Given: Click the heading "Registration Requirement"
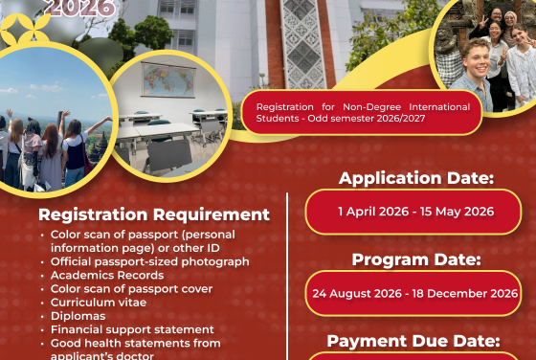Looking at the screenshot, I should (x=154, y=214).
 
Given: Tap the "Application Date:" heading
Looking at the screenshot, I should (x=415, y=178).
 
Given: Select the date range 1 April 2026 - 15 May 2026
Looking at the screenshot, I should (x=414, y=212).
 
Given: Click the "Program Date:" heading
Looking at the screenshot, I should (x=415, y=259).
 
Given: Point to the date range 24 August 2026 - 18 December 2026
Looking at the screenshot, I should (x=414, y=293).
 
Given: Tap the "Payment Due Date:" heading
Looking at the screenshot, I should (x=414, y=340).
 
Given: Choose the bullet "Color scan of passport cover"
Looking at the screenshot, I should (x=131, y=289).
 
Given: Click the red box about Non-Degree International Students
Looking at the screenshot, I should (x=362, y=112).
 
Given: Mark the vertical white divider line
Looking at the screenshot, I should (x=288, y=278).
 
